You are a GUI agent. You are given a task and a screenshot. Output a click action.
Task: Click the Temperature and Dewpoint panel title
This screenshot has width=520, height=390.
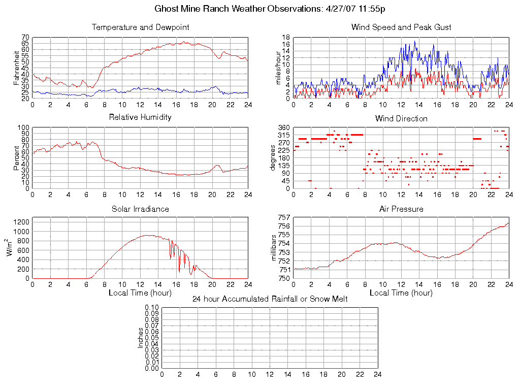pos(140,27)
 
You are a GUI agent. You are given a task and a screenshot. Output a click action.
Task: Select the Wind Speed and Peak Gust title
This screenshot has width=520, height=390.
pos(401,27)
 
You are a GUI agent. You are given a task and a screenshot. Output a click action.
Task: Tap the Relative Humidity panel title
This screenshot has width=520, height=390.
pos(140,117)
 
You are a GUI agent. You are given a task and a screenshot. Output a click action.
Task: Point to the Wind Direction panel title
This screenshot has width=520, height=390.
pos(401,118)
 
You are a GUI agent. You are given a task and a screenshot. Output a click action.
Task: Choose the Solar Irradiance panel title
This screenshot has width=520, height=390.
pos(140,209)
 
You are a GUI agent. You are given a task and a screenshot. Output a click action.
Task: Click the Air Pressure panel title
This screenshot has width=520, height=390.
pos(401,209)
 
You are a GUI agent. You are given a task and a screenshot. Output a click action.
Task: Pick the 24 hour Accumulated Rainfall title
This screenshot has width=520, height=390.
pos(270,299)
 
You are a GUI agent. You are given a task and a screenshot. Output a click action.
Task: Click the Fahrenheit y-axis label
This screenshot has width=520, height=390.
pos(16,67)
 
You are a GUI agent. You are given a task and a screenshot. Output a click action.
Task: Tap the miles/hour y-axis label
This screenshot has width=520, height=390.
pos(278,68)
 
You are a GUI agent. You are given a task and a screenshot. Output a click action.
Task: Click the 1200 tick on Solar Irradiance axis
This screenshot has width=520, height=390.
pos(21,221)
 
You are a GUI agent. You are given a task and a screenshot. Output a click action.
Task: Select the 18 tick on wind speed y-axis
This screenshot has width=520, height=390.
pos(286,38)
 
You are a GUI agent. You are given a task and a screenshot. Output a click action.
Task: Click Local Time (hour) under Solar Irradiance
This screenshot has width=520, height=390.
pos(140,293)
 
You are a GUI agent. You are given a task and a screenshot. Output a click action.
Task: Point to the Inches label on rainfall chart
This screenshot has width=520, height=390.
pos(141,338)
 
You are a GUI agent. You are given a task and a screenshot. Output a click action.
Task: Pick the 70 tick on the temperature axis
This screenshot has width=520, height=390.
pos(25,38)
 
